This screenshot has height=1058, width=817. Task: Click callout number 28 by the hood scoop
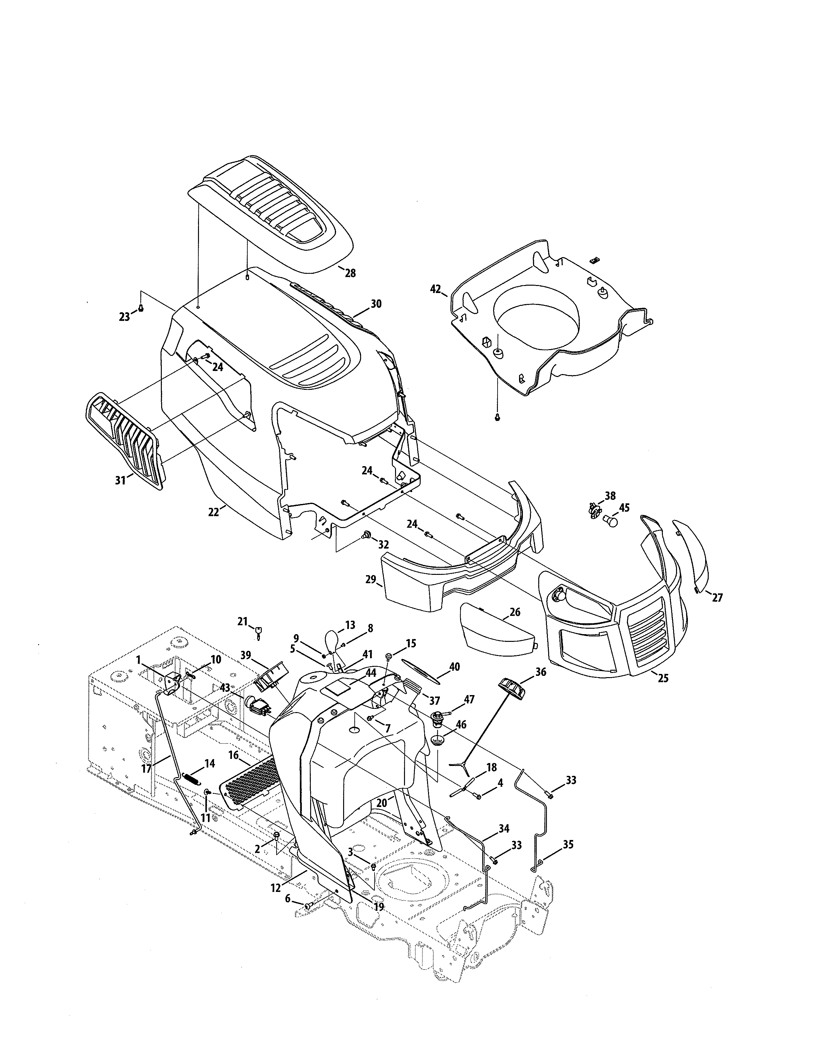click(x=350, y=273)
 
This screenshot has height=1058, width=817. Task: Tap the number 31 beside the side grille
click(x=120, y=480)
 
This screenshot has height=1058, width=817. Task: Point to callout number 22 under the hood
click(x=213, y=512)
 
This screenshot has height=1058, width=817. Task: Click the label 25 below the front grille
click(x=663, y=678)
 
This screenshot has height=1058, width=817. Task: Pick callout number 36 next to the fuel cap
click(x=540, y=672)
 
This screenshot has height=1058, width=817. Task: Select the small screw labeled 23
click(x=141, y=308)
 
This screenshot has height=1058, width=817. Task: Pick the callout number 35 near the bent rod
click(x=568, y=844)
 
